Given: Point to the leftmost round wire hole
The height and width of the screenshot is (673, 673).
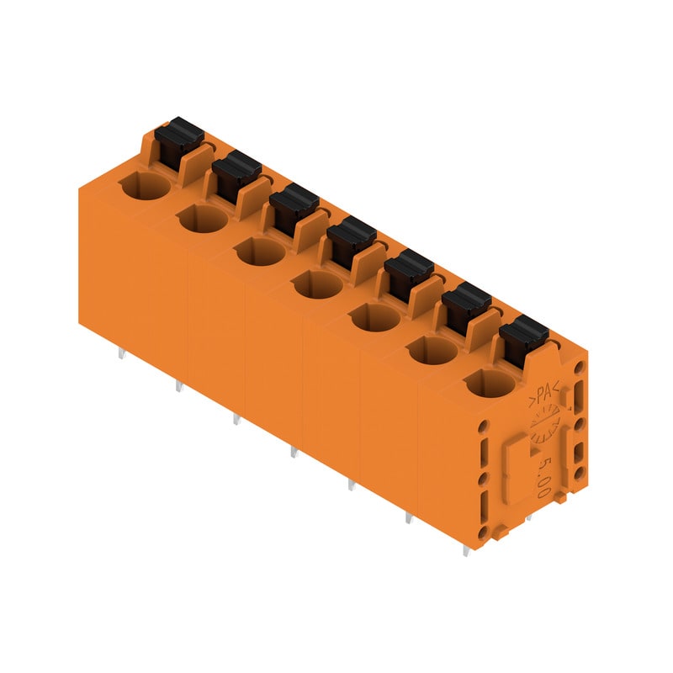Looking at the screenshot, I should [x=146, y=188].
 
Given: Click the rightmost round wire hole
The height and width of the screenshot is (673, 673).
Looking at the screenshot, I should [x=490, y=384].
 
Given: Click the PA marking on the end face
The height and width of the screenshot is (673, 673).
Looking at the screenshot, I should [x=547, y=394].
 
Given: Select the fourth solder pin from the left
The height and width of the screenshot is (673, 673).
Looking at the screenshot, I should [x=293, y=453].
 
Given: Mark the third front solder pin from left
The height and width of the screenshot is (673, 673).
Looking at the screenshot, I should [x=236, y=419].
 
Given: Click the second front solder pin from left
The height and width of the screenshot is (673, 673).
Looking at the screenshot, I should [x=178, y=387].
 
